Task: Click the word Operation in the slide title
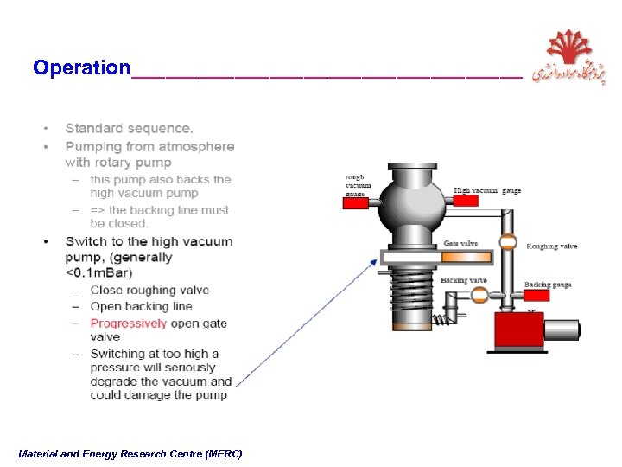[81, 67]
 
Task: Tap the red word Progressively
[129, 323]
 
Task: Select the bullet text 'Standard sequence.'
[130, 129]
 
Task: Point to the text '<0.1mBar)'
[98, 273]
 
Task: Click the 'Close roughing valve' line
[144, 291]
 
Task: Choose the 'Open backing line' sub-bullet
[141, 307]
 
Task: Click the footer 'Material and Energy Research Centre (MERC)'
[130, 454]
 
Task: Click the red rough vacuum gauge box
[355, 203]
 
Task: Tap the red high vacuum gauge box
[465, 201]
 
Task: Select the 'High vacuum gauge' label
[487, 190]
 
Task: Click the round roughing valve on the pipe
[508, 243]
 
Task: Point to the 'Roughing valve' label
[552, 246]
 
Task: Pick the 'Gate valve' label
[460, 244]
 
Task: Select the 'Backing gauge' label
[548, 285]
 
